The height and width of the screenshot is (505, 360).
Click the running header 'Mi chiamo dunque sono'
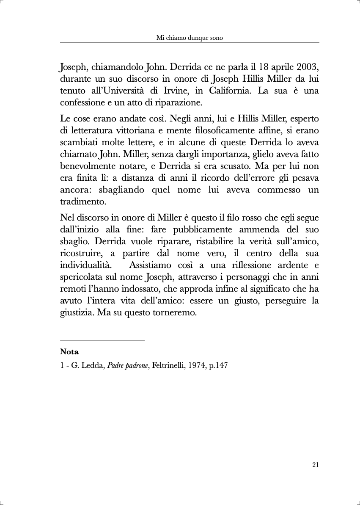pyautogui.click(x=190, y=38)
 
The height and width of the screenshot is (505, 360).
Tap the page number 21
pyautogui.click(x=315, y=464)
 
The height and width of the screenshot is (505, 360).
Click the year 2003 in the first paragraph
pyautogui.click(x=305, y=67)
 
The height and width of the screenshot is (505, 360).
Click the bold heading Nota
pyautogui.click(x=69, y=352)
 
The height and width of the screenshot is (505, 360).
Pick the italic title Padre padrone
pyautogui.click(x=128, y=365)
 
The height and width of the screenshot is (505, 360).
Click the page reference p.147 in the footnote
pyautogui.click(x=218, y=365)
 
